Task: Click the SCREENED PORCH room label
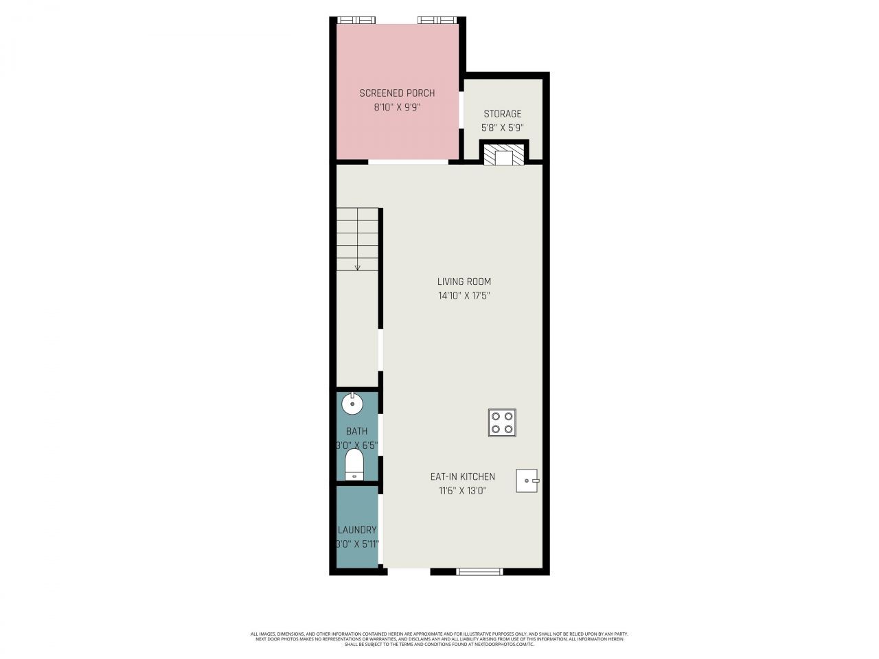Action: point(397,93)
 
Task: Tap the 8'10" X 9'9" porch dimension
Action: point(397,107)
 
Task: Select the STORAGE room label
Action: point(502,114)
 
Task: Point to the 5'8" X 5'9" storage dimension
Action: point(502,128)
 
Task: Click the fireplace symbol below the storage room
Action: point(503,154)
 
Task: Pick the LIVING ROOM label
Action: point(464,281)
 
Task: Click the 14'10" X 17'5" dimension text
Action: point(464,296)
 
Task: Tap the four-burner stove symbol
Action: point(502,423)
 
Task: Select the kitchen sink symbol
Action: point(527,481)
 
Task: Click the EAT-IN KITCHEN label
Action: point(462,476)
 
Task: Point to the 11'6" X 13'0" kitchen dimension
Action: point(462,491)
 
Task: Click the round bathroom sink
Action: point(352,404)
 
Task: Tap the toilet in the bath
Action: point(354,465)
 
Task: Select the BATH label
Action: point(356,431)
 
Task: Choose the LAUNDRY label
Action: point(357,530)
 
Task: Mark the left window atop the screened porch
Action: point(356,20)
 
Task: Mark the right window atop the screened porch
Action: point(437,20)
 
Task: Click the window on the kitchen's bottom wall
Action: point(479,571)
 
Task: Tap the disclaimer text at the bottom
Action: point(439,639)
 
